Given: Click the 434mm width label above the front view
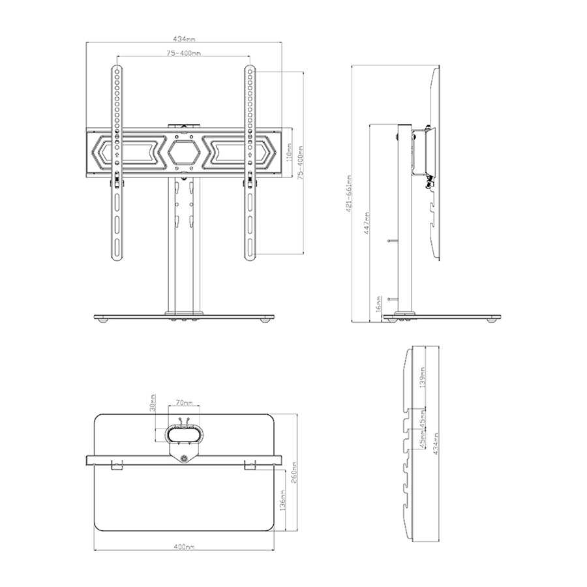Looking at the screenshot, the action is (x=184, y=38).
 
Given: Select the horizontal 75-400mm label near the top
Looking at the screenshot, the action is (x=183, y=53).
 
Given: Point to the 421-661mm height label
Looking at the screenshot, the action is (x=348, y=194).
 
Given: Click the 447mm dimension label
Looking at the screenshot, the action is (x=367, y=223).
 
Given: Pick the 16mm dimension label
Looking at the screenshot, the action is (x=378, y=303).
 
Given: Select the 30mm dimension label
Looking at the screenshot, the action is (x=153, y=402).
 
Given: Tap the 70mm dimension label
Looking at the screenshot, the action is (x=184, y=403).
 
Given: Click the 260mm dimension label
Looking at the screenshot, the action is (x=294, y=472).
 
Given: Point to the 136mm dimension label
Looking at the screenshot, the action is (x=282, y=500).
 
